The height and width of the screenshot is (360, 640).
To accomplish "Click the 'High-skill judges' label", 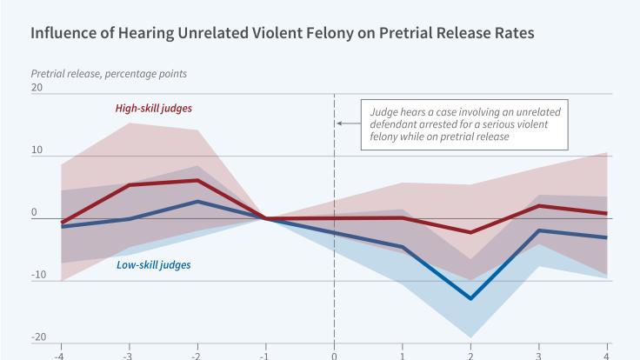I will click(153, 109).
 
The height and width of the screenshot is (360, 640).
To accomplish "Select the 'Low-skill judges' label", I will click(153, 263).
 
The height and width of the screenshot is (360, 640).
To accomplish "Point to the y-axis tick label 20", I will click(37, 89).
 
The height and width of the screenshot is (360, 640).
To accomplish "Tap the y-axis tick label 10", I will click(37, 150).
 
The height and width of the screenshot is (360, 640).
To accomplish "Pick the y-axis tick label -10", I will click(38, 275).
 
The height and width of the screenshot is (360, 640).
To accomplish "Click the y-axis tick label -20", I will click(38, 337).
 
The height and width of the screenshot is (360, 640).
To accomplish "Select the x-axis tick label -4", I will click(60, 355).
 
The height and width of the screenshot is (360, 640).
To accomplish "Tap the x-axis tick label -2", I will click(197, 355).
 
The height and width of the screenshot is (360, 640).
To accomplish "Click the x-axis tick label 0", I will click(334, 355).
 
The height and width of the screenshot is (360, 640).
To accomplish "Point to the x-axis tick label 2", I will click(470, 355).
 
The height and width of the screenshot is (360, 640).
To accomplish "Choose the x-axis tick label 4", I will click(607, 355).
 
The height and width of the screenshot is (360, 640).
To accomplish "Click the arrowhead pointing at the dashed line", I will click(338, 124).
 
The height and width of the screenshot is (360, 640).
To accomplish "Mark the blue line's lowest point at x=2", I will click(470, 298).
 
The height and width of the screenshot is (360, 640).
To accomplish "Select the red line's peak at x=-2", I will click(197, 181).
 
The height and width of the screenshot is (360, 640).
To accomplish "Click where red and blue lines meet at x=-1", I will click(265, 218).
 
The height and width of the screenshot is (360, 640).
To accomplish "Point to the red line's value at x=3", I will click(539, 206).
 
